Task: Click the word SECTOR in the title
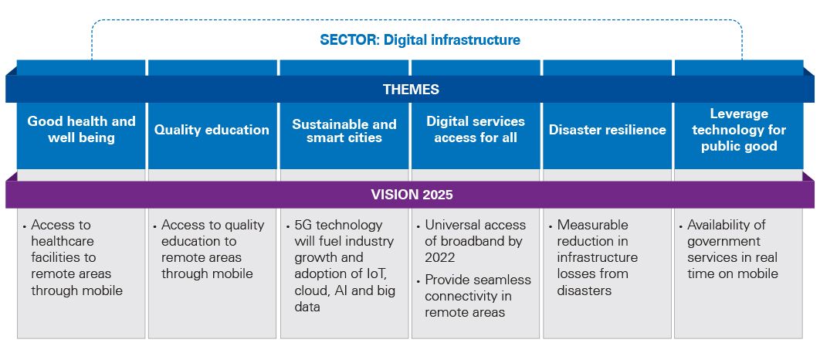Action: pyautogui.click(x=345, y=39)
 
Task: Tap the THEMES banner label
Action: pyautogui.click(x=411, y=90)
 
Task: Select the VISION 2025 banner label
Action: pyautogui.click(x=411, y=194)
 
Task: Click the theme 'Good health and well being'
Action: pyautogui.click(x=81, y=130)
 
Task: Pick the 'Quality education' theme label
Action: pyautogui.click(x=212, y=130)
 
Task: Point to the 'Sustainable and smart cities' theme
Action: pyautogui.click(x=344, y=131)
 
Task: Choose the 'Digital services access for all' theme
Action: pyautogui.click(x=476, y=130)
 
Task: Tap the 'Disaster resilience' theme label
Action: pyautogui.click(x=607, y=130)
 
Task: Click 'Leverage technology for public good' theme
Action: pyautogui.click(x=739, y=130)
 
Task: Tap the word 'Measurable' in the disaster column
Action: pyautogui.click(x=592, y=225)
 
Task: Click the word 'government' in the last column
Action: pyautogui.click(x=724, y=241)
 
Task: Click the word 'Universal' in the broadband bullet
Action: pyautogui.click(x=452, y=225)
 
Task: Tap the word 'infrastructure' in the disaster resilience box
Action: pyautogui.click(x=597, y=257)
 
